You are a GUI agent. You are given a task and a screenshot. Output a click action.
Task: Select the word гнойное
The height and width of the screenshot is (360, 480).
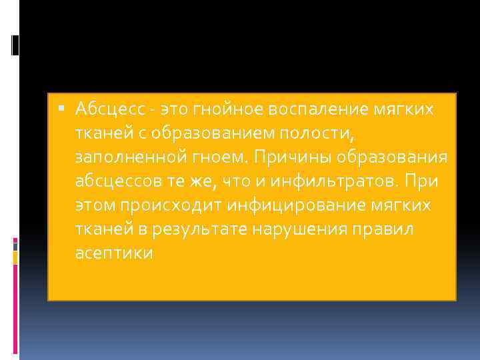click(212, 108)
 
